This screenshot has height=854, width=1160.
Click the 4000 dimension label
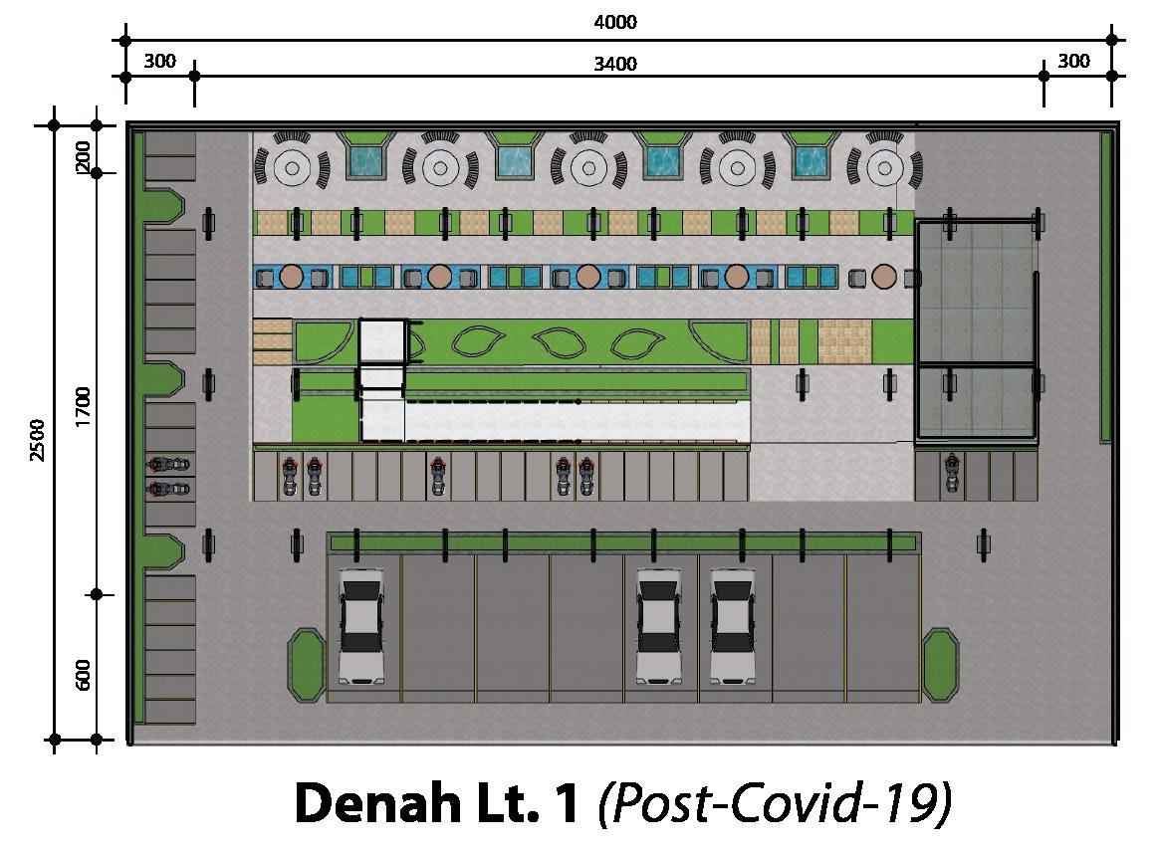pyautogui.click(x=614, y=23)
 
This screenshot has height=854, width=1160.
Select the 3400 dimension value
pyautogui.click(x=614, y=65)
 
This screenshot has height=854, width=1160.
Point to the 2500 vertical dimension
pyautogui.click(x=38, y=440)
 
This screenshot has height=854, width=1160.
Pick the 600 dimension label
pyautogui.click(x=84, y=674)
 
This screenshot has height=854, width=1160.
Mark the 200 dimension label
pyautogui.click(x=84, y=154)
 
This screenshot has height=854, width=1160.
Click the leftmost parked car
pyautogui.click(x=360, y=624)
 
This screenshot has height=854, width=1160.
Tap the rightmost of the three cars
pyautogui.click(x=733, y=624)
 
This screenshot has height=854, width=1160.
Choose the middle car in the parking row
pyautogui.click(x=659, y=624)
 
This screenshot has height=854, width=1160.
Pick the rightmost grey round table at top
pyautogui.click(x=883, y=167)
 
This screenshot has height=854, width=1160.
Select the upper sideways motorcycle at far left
pyautogui.click(x=169, y=464)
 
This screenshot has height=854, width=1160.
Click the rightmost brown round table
pyautogui.click(x=882, y=276)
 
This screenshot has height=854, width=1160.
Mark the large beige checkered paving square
pyautogui.click(x=844, y=340)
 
